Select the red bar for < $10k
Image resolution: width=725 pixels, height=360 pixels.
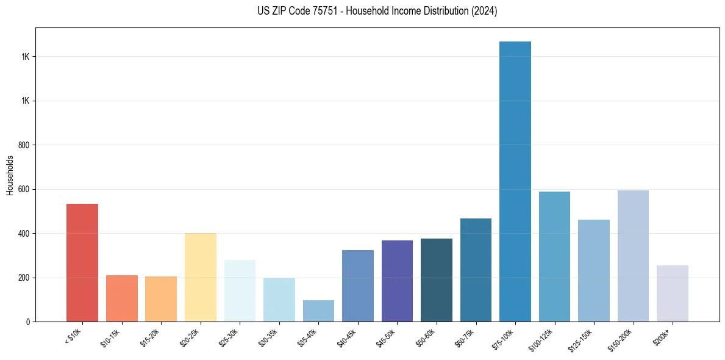(82, 262)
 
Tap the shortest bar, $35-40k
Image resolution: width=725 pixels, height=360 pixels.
(318, 311)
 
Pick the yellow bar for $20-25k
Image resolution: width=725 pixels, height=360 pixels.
(200, 277)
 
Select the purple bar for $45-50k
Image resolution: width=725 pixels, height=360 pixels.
(397, 281)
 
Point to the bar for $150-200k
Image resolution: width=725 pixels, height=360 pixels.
(633, 256)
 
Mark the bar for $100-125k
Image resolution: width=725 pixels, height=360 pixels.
(554, 256)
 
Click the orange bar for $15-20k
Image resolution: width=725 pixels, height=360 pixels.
(161, 299)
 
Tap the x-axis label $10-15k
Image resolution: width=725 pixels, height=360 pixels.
(110, 337)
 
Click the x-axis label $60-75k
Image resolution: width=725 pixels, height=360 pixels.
(465, 337)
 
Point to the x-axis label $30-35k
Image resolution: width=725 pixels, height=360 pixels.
(268, 337)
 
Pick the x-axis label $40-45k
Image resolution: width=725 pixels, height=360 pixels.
(346, 337)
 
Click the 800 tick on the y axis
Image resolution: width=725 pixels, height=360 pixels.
(24, 145)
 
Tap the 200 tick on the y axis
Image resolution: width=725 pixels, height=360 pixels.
(24, 278)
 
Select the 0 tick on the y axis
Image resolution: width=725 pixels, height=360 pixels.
(28, 322)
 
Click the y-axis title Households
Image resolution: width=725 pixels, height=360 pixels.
(10, 175)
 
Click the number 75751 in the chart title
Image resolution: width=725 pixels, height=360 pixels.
(323, 11)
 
